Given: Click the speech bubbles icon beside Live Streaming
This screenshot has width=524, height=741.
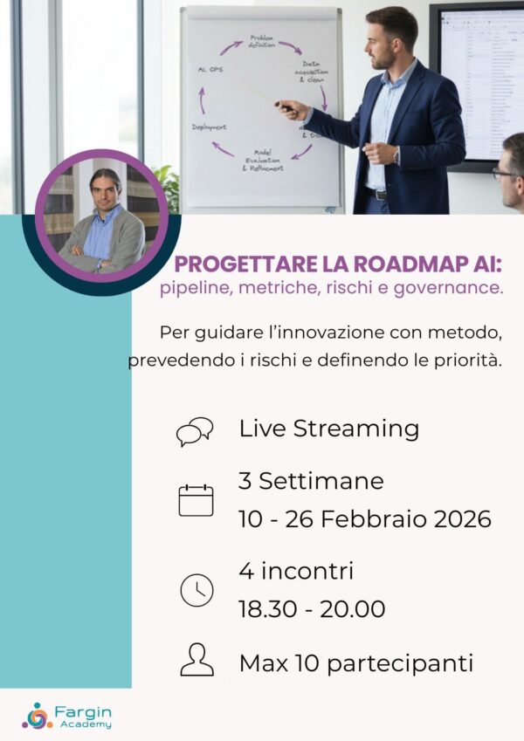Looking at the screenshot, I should click(194, 431).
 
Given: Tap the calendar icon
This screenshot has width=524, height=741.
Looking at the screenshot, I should click(196, 500).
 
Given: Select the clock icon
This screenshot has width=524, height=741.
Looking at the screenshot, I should click(196, 591).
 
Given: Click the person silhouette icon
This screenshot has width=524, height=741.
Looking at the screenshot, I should click(196, 660).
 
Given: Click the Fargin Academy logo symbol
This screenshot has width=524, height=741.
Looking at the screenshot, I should click(38, 716).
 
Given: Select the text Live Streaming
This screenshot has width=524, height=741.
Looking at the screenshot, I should click(328, 429).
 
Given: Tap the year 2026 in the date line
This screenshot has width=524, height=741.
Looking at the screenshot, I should click(462, 519).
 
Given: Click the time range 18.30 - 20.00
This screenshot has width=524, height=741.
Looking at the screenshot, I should click(312, 609).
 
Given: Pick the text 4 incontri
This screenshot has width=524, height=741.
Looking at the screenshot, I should click(296, 572).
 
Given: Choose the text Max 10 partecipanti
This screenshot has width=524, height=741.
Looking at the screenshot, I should click(355, 662).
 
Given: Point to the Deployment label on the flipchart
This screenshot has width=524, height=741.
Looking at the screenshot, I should click(210, 127).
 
